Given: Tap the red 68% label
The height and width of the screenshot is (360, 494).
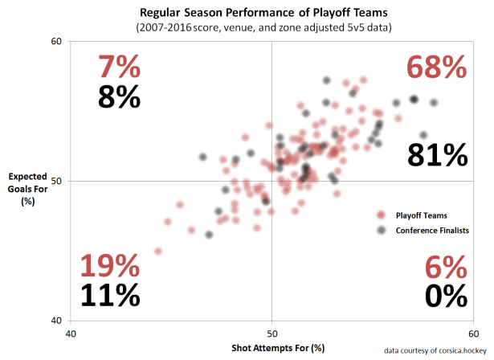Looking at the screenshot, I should pos(437,67).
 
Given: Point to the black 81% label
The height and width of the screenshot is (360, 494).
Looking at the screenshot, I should pos(437,154).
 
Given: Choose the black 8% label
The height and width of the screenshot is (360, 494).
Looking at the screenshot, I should pos(119,96).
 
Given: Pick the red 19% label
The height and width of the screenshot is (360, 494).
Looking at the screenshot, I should pos(110,266).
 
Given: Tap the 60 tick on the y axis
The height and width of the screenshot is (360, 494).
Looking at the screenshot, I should pos(58,42).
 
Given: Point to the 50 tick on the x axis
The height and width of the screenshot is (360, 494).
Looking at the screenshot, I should pos(271,333).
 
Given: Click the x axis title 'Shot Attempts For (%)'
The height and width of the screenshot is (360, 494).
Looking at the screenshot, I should pos(271,347).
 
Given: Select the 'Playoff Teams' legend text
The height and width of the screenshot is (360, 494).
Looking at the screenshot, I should pos(421,215).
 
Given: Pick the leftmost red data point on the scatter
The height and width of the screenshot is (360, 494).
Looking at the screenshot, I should pos(158,252).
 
